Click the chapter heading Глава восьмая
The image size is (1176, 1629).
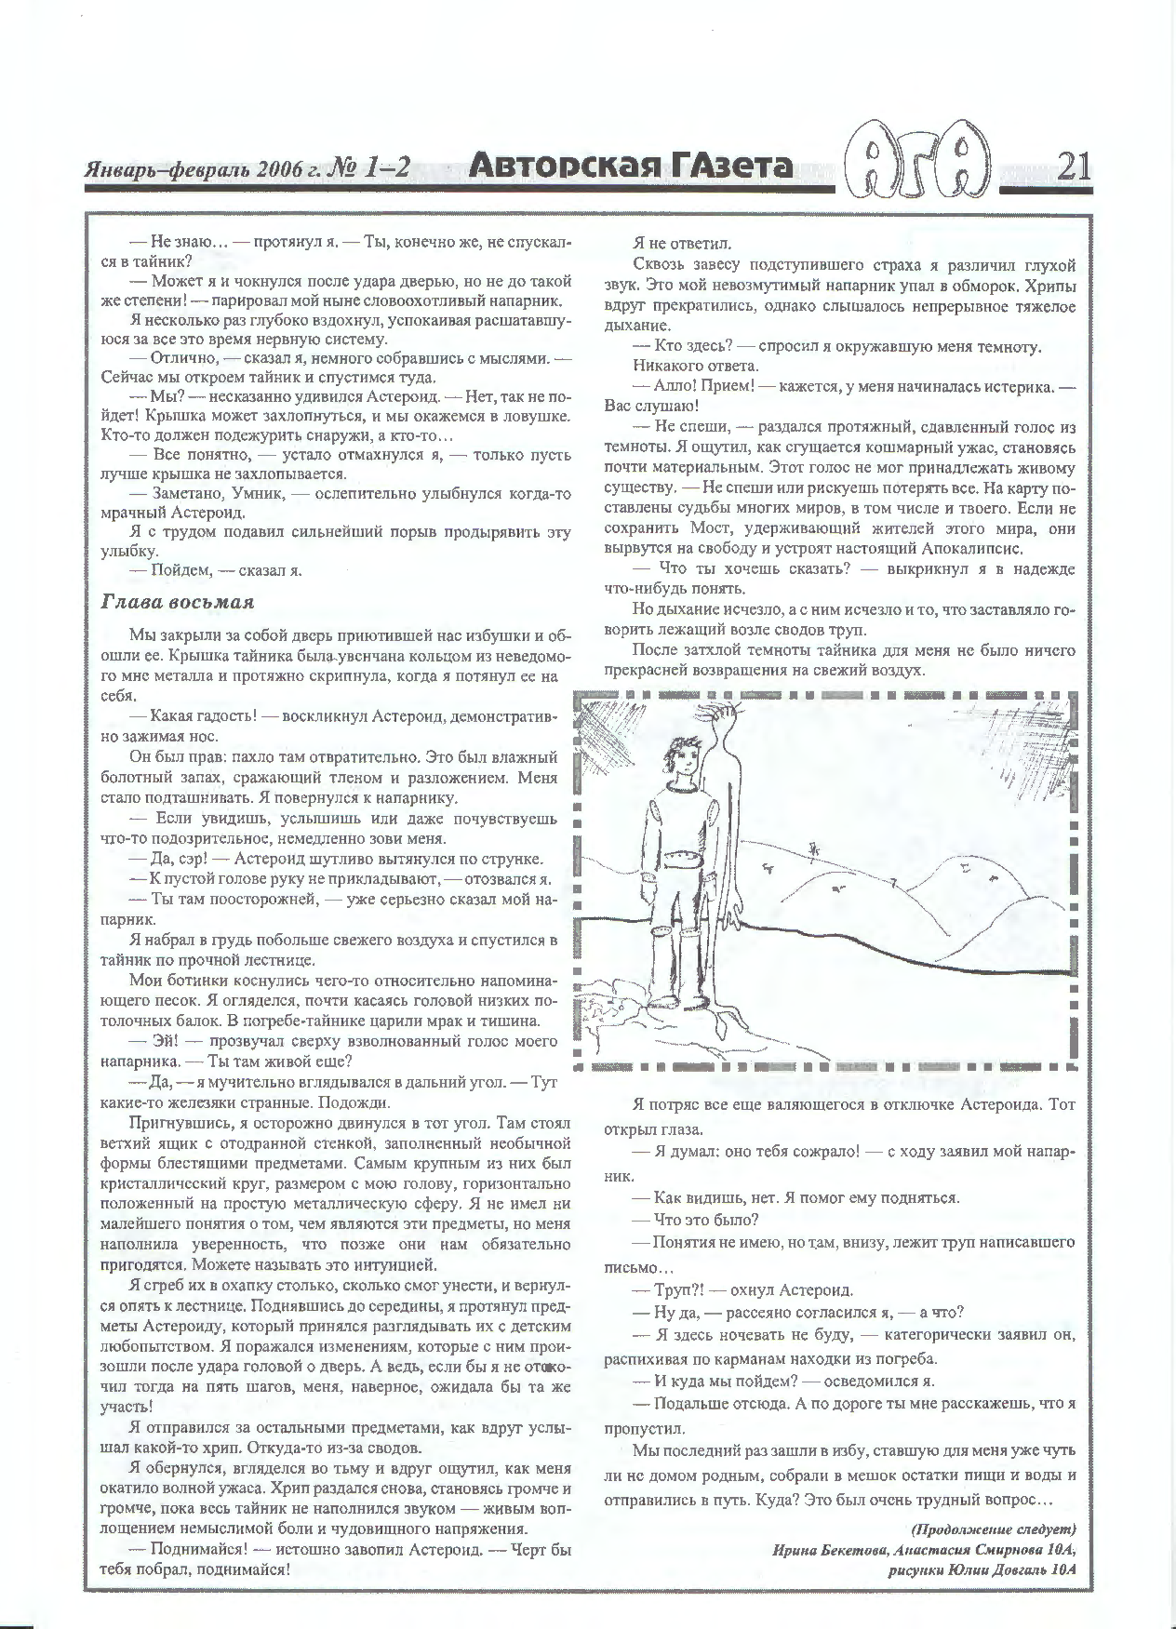click(x=177, y=602)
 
